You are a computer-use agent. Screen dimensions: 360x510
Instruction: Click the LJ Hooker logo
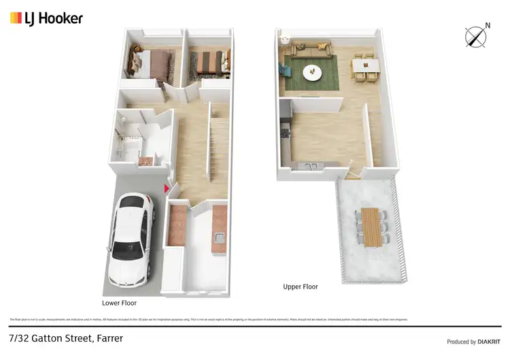pos(46,18)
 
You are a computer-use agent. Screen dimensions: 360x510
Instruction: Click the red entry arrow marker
pos(167,188)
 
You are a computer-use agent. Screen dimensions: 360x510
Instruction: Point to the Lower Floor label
pos(119,302)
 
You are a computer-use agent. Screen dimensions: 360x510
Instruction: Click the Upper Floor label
pos(300,287)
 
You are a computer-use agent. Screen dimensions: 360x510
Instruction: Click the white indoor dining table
pos(366,67)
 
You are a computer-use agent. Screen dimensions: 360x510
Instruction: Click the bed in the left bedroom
pos(151,63)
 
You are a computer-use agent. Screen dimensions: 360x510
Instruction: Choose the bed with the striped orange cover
pos(209,63)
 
